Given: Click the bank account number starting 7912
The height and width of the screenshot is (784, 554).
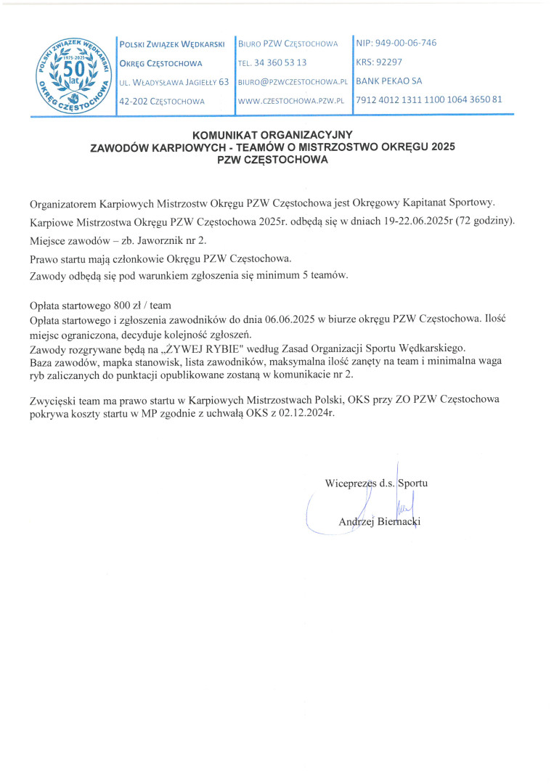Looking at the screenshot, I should coord(428,100).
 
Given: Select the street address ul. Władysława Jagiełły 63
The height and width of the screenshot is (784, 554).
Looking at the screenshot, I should coord(174,82).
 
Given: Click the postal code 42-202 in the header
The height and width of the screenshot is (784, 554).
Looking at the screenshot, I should coord(133,100).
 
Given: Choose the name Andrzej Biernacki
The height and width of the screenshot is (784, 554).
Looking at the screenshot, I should coord(380,521).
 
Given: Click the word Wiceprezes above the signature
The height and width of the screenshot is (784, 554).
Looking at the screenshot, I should coord(351,483).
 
